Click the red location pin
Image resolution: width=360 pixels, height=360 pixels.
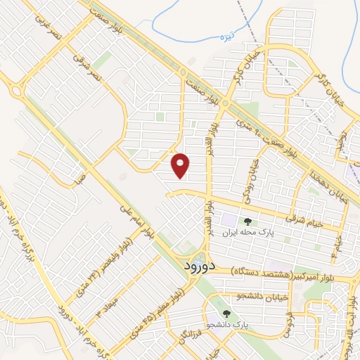point(181,165)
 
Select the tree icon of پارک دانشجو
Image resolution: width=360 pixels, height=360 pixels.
point(226,314)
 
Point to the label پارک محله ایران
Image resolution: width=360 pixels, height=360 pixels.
point(247,231)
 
